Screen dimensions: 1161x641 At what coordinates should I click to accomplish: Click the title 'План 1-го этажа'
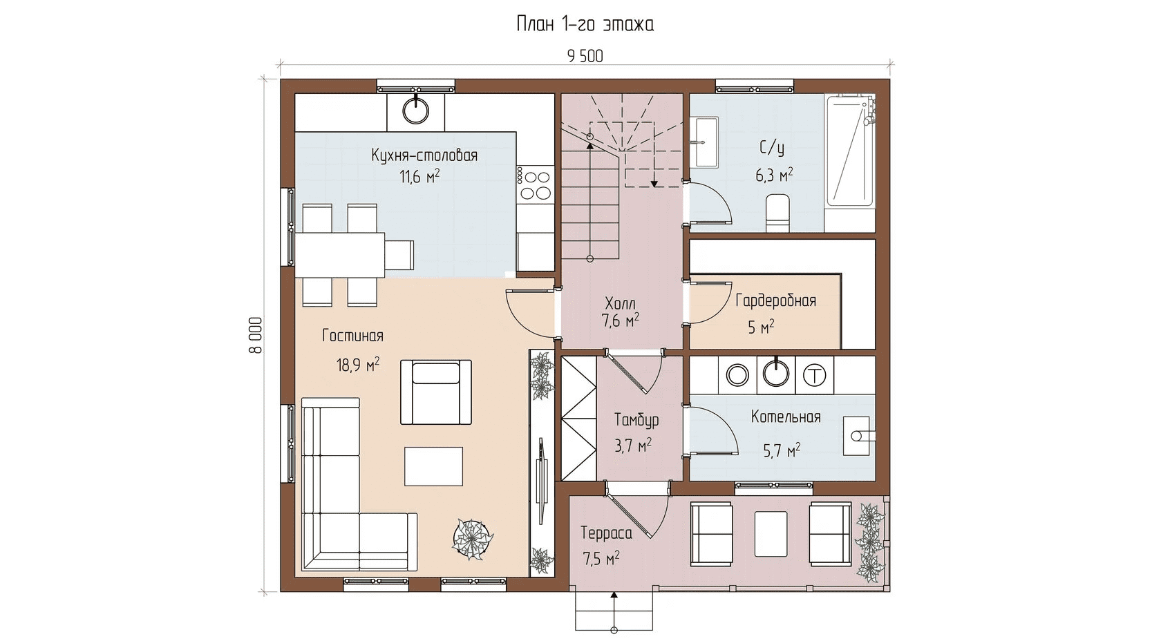pyautogui.click(x=585, y=24)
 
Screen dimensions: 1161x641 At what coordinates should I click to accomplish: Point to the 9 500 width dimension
pyautogui.click(x=585, y=56)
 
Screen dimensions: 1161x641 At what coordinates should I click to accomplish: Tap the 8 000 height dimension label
pyautogui.click(x=256, y=335)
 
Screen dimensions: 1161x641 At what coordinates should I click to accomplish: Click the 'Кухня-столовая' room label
pyautogui.click(x=424, y=155)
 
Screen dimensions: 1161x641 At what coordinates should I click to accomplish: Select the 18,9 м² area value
pyautogui.click(x=358, y=365)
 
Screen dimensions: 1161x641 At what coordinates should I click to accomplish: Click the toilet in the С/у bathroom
pyautogui.click(x=777, y=213)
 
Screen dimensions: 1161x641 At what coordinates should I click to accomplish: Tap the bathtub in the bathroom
pyautogui.click(x=850, y=151)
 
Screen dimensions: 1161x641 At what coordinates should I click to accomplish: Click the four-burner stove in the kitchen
pyautogui.click(x=536, y=184)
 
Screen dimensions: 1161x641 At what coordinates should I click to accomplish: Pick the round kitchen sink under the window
pyautogui.click(x=416, y=110)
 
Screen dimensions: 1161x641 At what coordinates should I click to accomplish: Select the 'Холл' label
pyautogui.click(x=620, y=303)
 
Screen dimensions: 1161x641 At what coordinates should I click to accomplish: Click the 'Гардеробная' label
pyautogui.click(x=775, y=300)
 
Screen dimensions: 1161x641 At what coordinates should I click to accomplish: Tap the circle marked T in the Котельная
pyautogui.click(x=814, y=374)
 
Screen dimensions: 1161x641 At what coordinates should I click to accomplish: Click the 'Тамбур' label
pyautogui.click(x=636, y=419)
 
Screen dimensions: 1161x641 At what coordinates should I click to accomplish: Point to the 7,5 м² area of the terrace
pyautogui.click(x=601, y=559)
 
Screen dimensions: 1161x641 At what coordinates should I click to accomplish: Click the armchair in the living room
pyautogui.click(x=436, y=392)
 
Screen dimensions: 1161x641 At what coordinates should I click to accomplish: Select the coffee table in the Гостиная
pyautogui.click(x=433, y=466)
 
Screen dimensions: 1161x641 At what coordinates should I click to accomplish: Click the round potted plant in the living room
pyautogui.click(x=472, y=539)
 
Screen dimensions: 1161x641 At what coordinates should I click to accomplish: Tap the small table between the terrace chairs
pyautogui.click(x=771, y=534)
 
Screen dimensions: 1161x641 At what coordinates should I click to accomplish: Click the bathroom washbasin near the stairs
pyautogui.click(x=706, y=142)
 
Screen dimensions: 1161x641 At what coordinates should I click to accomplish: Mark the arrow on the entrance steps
pyautogui.click(x=614, y=611)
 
